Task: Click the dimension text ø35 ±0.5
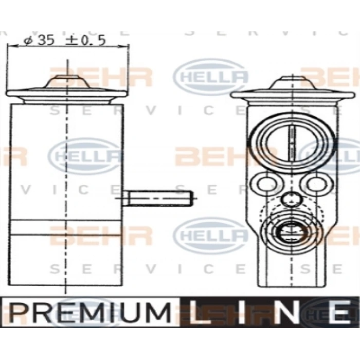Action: (64, 41)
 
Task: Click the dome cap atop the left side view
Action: (66, 81)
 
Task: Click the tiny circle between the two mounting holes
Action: (291, 199)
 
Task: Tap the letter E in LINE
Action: (339, 312)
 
